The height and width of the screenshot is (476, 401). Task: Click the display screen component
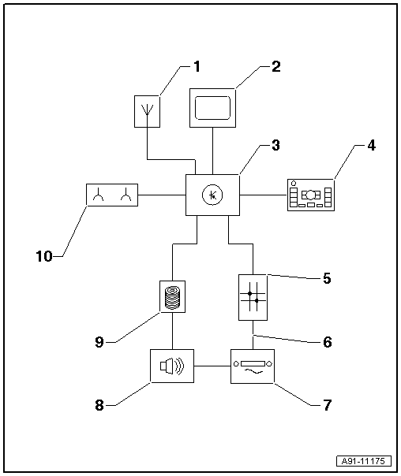[213, 106]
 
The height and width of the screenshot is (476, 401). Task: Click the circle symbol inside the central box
[212, 194]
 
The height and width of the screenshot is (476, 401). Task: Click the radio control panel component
[311, 194]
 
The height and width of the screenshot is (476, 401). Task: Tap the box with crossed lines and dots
[253, 296]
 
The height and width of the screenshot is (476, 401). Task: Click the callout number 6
[326, 342]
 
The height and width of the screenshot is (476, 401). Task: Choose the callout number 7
[326, 406]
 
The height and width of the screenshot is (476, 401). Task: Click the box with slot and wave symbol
[252, 366]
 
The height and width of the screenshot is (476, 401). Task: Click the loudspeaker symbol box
[171, 366]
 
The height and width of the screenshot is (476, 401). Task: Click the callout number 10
[44, 256]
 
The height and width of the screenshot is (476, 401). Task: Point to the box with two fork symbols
[111, 194]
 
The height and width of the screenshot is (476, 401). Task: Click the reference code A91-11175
[365, 461]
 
